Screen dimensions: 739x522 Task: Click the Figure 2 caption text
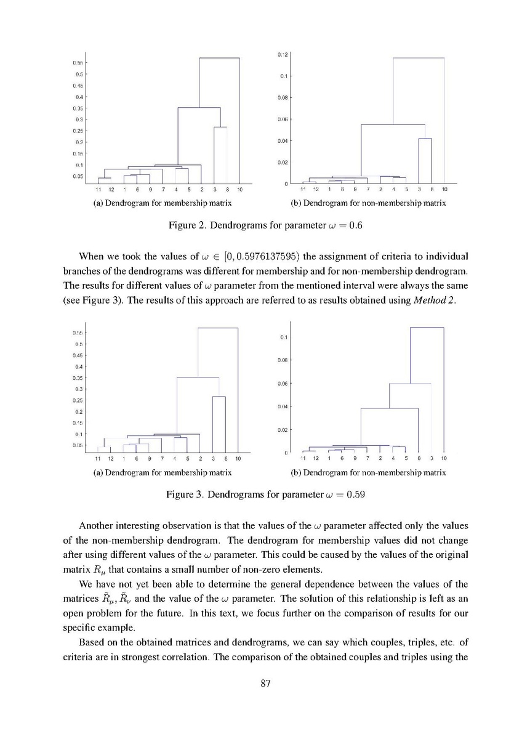pyautogui.click(x=265, y=225)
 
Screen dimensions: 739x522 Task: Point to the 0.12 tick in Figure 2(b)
pyautogui.click(x=283, y=55)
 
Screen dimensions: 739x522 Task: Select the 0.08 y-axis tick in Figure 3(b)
pyautogui.click(x=283, y=360)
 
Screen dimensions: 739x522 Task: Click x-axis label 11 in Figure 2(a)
pyautogui.click(x=98, y=189)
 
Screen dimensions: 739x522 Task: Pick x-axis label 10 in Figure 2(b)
pyautogui.click(x=444, y=189)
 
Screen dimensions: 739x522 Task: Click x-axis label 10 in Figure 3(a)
pyautogui.click(x=238, y=459)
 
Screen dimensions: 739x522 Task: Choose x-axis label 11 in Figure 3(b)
pyautogui.click(x=303, y=459)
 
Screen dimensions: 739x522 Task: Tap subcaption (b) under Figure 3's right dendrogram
pyautogui.click(x=368, y=472)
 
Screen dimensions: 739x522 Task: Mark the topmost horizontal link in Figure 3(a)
pyautogui.click(x=218, y=328)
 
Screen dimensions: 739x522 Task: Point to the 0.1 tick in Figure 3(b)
pyautogui.click(x=284, y=337)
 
